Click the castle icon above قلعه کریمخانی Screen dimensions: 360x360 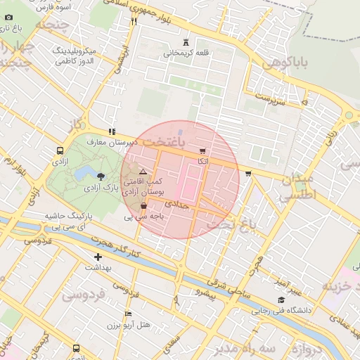(x=186, y=42)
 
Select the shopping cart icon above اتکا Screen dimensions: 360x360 (x=203, y=150)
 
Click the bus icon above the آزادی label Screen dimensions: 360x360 (x=60, y=151)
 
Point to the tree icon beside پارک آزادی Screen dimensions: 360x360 (x=101, y=176)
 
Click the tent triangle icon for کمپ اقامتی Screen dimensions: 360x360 (x=143, y=171)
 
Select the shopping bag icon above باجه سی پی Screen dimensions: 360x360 (x=144, y=206)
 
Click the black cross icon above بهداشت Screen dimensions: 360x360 (x=98, y=257)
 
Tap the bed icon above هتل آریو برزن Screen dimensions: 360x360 (x=127, y=314)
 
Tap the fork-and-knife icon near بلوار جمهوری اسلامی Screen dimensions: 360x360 (x=134, y=21)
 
